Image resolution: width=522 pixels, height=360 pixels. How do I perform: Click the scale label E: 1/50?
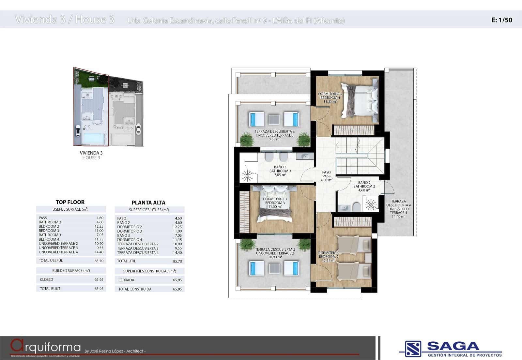click(501, 20)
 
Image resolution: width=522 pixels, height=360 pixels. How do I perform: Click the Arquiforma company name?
click(46, 346)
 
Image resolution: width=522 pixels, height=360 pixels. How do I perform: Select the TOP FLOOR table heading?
click(70, 202)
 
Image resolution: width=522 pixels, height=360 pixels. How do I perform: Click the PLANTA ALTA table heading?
click(148, 202)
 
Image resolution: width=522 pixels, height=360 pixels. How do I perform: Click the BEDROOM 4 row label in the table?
click(49, 239)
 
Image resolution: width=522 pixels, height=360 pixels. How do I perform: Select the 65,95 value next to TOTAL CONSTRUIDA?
click(177, 289)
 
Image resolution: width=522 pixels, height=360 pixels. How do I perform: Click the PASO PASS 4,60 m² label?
click(326, 176)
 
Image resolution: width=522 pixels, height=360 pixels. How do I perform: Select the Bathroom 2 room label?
click(364, 187)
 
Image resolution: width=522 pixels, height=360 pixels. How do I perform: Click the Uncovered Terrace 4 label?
click(398, 209)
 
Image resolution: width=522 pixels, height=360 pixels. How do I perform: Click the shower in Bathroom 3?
click(247, 176)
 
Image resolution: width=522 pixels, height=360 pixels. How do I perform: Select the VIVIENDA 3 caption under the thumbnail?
click(91, 153)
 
